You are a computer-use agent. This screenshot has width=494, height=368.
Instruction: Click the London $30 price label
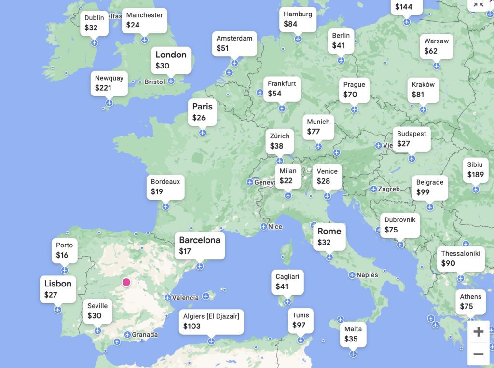tap(171, 60)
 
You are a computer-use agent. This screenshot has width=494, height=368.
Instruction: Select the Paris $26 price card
tap(202, 112)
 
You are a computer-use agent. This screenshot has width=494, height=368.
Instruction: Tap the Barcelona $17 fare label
tap(199, 245)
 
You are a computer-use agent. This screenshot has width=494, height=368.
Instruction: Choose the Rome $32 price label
tap(329, 237)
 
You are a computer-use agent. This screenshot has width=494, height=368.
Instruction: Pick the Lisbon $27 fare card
tap(57, 289)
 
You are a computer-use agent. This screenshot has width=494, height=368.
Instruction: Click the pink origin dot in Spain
tap(126, 282)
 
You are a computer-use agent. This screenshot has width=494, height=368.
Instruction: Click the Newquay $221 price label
tap(109, 83)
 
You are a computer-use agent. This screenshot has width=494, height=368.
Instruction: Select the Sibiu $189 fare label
tap(475, 170)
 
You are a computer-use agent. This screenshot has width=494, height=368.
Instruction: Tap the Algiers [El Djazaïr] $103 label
tap(211, 321)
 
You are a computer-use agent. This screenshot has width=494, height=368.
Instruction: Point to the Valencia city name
tap(185, 298)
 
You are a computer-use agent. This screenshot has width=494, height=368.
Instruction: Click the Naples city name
tap(367, 275)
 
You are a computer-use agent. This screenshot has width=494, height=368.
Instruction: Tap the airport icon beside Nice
tap(263, 227)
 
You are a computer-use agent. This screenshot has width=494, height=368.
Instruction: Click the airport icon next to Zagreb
tap(373, 189)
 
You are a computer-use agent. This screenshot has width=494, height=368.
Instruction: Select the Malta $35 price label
tap(353, 334)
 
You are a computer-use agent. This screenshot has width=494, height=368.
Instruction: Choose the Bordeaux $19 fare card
tap(165, 187)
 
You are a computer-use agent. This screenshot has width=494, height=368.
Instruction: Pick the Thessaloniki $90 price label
tap(460, 259)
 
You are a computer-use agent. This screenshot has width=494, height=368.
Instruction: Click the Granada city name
tap(145, 335)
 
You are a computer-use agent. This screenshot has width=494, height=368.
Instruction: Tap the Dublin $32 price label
tap(94, 23)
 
